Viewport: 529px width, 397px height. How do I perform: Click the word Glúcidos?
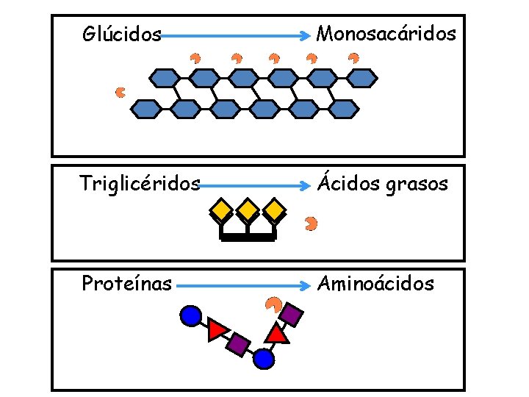[122, 35]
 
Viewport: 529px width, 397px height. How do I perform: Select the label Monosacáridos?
[386, 34]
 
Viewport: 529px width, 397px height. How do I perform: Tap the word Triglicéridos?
[140, 184]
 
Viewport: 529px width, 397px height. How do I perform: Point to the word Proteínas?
[126, 283]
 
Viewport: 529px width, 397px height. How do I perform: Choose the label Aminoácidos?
[375, 283]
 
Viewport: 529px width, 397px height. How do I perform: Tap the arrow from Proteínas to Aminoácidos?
[242, 285]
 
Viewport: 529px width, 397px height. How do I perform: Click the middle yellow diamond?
[248, 211]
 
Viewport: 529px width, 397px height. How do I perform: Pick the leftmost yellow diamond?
[220, 211]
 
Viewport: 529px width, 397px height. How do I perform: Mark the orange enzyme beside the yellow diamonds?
[311, 222]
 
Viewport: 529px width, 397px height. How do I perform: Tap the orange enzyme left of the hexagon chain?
[120, 92]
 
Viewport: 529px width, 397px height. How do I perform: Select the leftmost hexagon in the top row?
[165, 76]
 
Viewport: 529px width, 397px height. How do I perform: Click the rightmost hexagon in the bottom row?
[342, 109]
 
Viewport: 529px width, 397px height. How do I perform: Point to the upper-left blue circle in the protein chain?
[190, 316]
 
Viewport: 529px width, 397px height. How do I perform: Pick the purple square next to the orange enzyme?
[292, 314]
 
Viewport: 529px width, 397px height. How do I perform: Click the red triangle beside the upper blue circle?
[217, 330]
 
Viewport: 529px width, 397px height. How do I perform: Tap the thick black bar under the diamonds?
[248, 237]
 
